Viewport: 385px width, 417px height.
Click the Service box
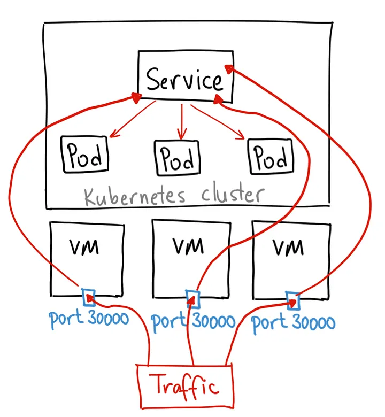point(185,77)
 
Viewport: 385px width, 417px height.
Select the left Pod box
point(84,154)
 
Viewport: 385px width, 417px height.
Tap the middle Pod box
point(177,157)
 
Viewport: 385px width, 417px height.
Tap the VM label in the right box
point(288,248)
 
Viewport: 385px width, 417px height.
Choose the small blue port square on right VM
point(292,300)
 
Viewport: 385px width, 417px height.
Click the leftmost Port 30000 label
point(89,319)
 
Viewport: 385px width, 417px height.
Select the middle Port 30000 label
point(194,321)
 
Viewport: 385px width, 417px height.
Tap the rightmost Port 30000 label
point(294,322)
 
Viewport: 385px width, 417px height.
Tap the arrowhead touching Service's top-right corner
point(229,68)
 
